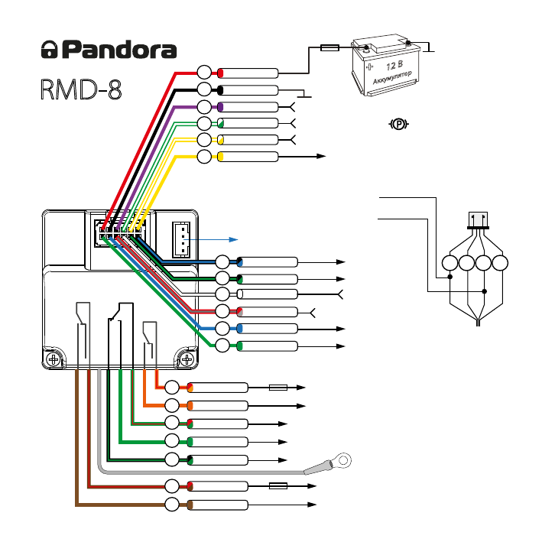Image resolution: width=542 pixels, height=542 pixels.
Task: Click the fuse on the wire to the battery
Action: (x=329, y=47)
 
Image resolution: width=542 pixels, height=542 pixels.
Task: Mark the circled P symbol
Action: (x=398, y=123)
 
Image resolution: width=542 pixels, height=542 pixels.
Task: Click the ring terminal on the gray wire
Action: (x=340, y=459)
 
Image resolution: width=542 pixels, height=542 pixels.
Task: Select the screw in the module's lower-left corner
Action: (x=54, y=358)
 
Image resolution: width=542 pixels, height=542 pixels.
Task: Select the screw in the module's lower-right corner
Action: (x=186, y=358)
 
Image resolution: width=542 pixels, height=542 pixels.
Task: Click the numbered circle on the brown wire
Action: (x=174, y=505)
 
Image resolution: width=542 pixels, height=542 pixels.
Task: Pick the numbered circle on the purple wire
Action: (x=204, y=107)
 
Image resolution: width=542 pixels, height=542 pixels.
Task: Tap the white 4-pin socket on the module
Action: (x=180, y=239)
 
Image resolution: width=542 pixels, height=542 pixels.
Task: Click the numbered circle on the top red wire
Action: (x=204, y=73)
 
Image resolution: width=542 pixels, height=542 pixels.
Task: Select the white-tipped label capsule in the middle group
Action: (x=268, y=294)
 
